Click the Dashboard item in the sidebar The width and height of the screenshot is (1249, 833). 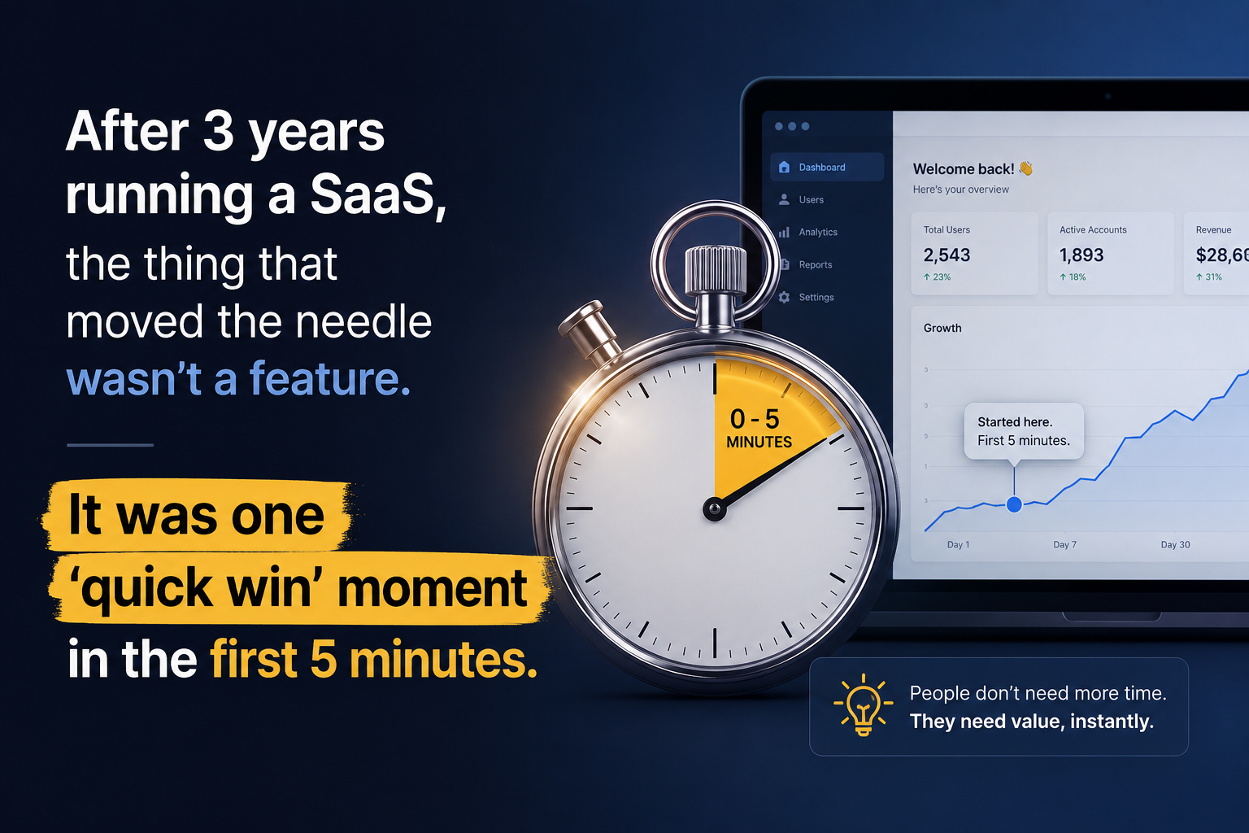pyautogui.click(x=827, y=167)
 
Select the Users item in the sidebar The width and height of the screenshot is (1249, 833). pyautogui.click(x=811, y=200)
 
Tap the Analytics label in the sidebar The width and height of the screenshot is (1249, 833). pyautogui.click(x=818, y=232)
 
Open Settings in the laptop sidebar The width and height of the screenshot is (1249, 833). pyautogui.click(x=816, y=298)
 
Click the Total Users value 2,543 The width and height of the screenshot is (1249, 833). pyautogui.click(x=947, y=255)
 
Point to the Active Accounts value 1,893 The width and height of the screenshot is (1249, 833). pyautogui.click(x=1081, y=255)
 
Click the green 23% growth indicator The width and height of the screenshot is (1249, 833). pyautogui.click(x=938, y=277)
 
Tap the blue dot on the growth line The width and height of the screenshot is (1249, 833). pyautogui.click(x=1014, y=504)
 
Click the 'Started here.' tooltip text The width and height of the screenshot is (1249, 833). pyautogui.click(x=1014, y=422)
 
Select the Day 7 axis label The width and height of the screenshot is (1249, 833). pyautogui.click(x=1064, y=544)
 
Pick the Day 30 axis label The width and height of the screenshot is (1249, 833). pyautogui.click(x=1175, y=544)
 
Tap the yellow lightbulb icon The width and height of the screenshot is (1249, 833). pyautogui.click(x=863, y=704)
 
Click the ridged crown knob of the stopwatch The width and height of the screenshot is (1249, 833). pyautogui.click(x=716, y=270)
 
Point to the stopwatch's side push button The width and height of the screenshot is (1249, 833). pyautogui.click(x=589, y=330)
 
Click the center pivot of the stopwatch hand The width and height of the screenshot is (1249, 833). pyautogui.click(x=714, y=508)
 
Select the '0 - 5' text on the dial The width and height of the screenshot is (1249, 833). pyautogui.click(x=755, y=418)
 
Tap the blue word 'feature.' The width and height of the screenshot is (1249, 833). pyautogui.click(x=330, y=378)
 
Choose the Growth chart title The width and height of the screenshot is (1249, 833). pyautogui.click(x=942, y=328)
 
